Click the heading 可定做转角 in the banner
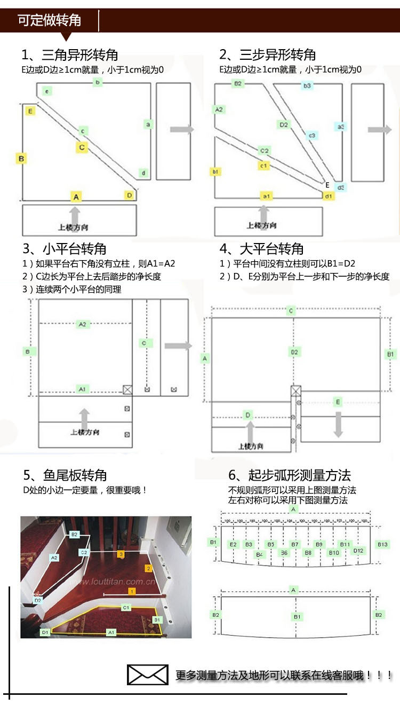50,20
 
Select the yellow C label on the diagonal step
82,147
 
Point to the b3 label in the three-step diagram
307,85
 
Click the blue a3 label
341,127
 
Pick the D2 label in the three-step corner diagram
284,124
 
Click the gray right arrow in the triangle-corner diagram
182,129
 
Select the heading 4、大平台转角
261,249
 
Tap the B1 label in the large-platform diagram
391,354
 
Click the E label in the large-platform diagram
338,402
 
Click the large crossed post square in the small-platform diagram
127,389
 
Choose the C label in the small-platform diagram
143,343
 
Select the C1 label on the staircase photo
126,607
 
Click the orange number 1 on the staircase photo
131,591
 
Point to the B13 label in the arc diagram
382,544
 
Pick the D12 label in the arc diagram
358,551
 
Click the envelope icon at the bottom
148,675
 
